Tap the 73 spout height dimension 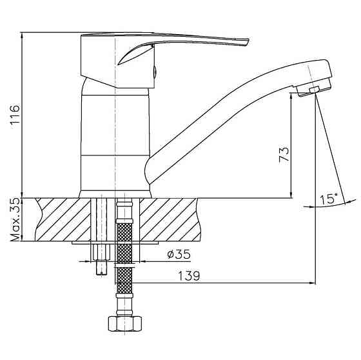click(284, 155)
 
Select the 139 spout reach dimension click(189, 275)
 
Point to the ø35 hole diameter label click(179, 254)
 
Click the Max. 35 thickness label click(15, 220)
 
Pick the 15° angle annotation click(329, 199)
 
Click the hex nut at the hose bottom click(125, 324)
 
